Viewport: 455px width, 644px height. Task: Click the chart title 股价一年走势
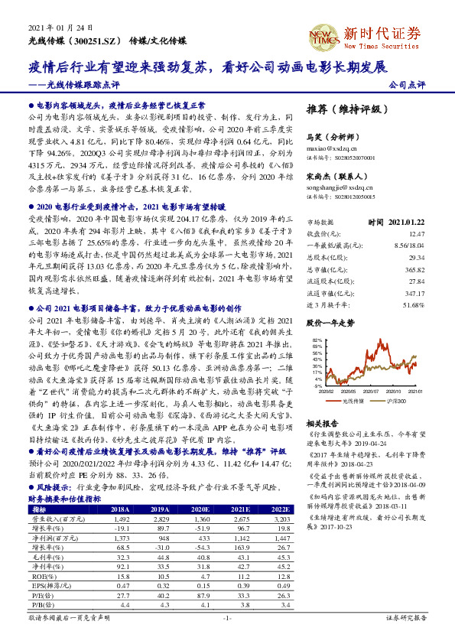330,324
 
